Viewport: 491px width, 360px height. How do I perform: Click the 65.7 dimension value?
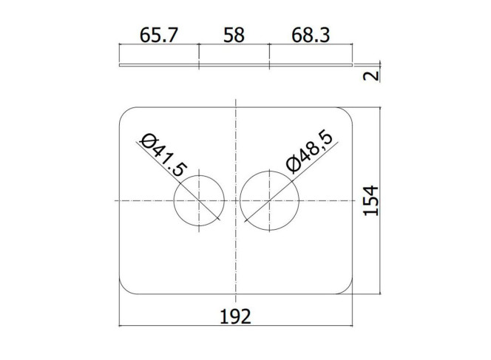point(159,35)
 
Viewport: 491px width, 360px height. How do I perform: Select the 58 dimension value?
point(234,35)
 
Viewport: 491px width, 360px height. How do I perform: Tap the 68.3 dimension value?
point(311,35)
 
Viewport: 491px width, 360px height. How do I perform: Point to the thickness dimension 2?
point(371,75)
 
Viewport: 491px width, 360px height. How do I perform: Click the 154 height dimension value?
point(371,200)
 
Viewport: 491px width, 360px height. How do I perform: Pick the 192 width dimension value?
point(235,316)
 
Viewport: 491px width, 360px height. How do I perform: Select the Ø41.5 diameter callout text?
point(163,154)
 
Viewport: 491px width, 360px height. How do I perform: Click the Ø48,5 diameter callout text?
point(309,152)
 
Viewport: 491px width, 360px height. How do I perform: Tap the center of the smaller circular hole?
point(199,200)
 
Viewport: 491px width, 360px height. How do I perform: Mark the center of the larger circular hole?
point(270,200)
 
